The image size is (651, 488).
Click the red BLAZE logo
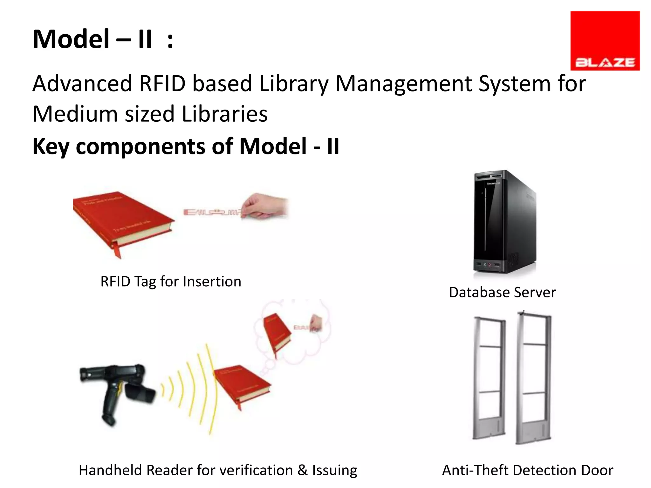coord(605,40)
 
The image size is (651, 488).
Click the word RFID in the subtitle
coord(162,84)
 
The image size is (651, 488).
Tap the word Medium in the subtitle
coord(75,114)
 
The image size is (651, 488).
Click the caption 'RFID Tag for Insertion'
coord(171,281)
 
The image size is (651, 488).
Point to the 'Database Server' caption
coord(502,292)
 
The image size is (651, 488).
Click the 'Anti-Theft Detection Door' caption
coord(527,470)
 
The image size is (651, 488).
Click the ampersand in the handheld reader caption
coord(302,470)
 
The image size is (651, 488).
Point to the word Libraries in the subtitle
coord(224,114)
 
